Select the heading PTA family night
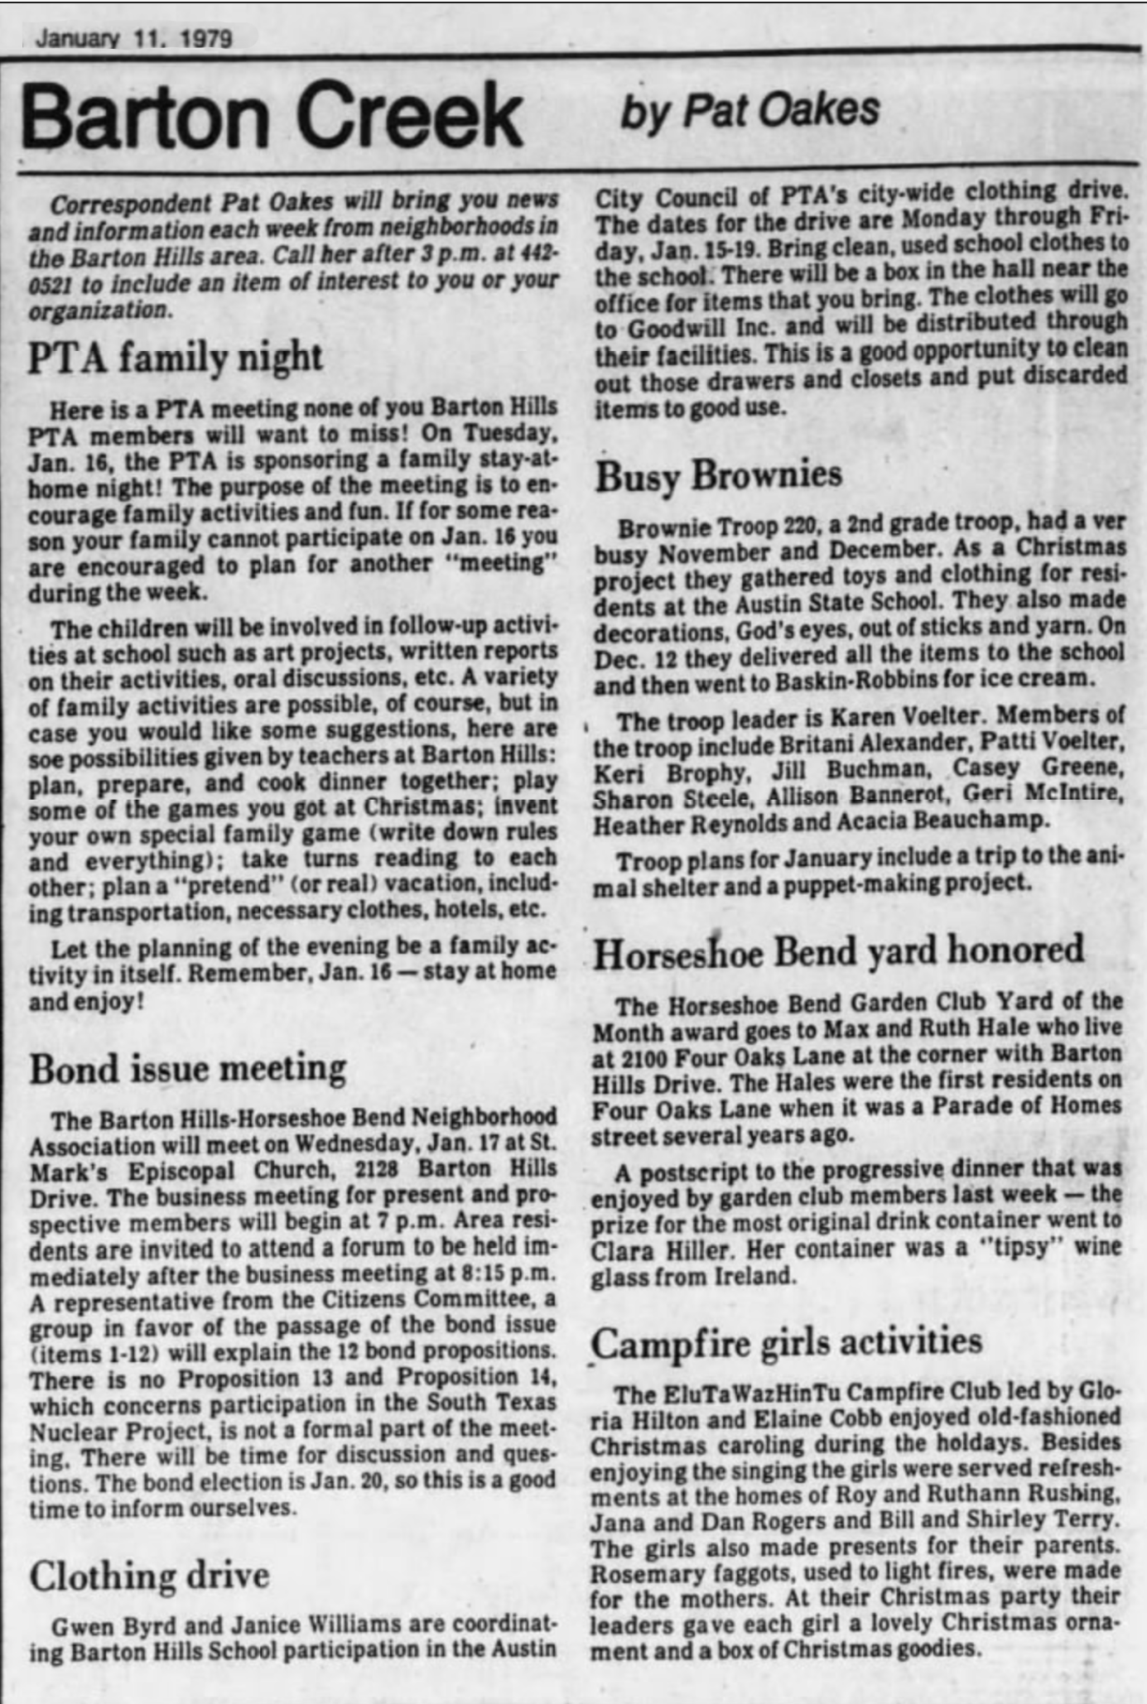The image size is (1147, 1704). [x=175, y=358]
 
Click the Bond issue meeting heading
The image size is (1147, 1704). [x=188, y=1069]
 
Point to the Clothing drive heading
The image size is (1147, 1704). [x=149, y=1576]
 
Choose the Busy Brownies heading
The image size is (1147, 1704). [x=718, y=475]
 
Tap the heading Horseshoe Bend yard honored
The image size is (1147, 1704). [x=838, y=951]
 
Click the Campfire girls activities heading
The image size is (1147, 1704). [x=787, y=1342]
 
